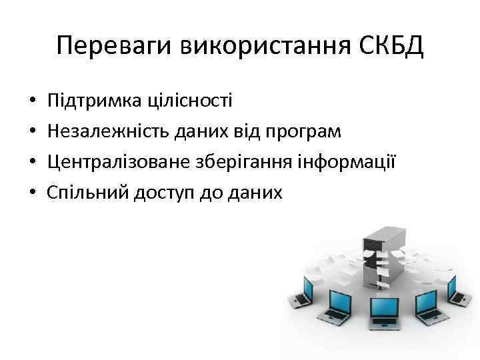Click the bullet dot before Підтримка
coord(32,102)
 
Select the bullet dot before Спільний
coord(32,193)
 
